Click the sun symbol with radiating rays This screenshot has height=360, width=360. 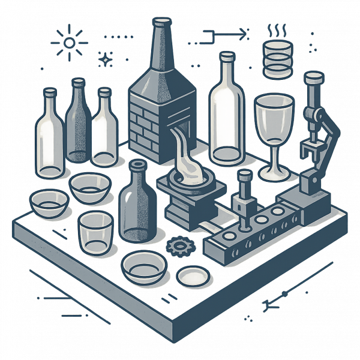(x=69, y=43)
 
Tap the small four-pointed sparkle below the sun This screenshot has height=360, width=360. (x=106, y=59)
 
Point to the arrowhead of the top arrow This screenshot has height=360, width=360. (x=242, y=35)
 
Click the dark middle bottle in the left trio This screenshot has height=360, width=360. (x=78, y=123)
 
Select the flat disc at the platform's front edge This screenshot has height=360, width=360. (x=193, y=276)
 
